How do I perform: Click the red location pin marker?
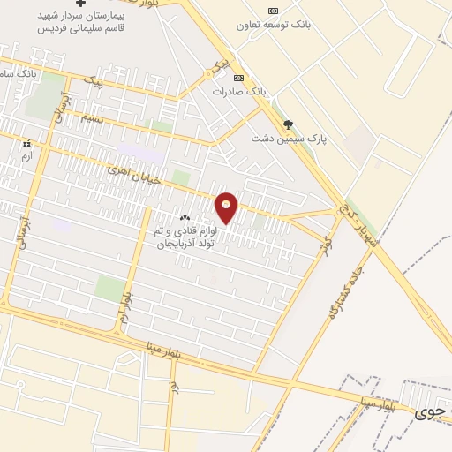227,207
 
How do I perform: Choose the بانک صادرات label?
238,90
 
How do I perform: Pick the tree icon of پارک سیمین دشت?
288,124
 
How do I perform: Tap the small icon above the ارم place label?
27,143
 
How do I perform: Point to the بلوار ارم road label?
127,309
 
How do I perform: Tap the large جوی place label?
430,411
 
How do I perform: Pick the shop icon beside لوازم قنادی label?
185,218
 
